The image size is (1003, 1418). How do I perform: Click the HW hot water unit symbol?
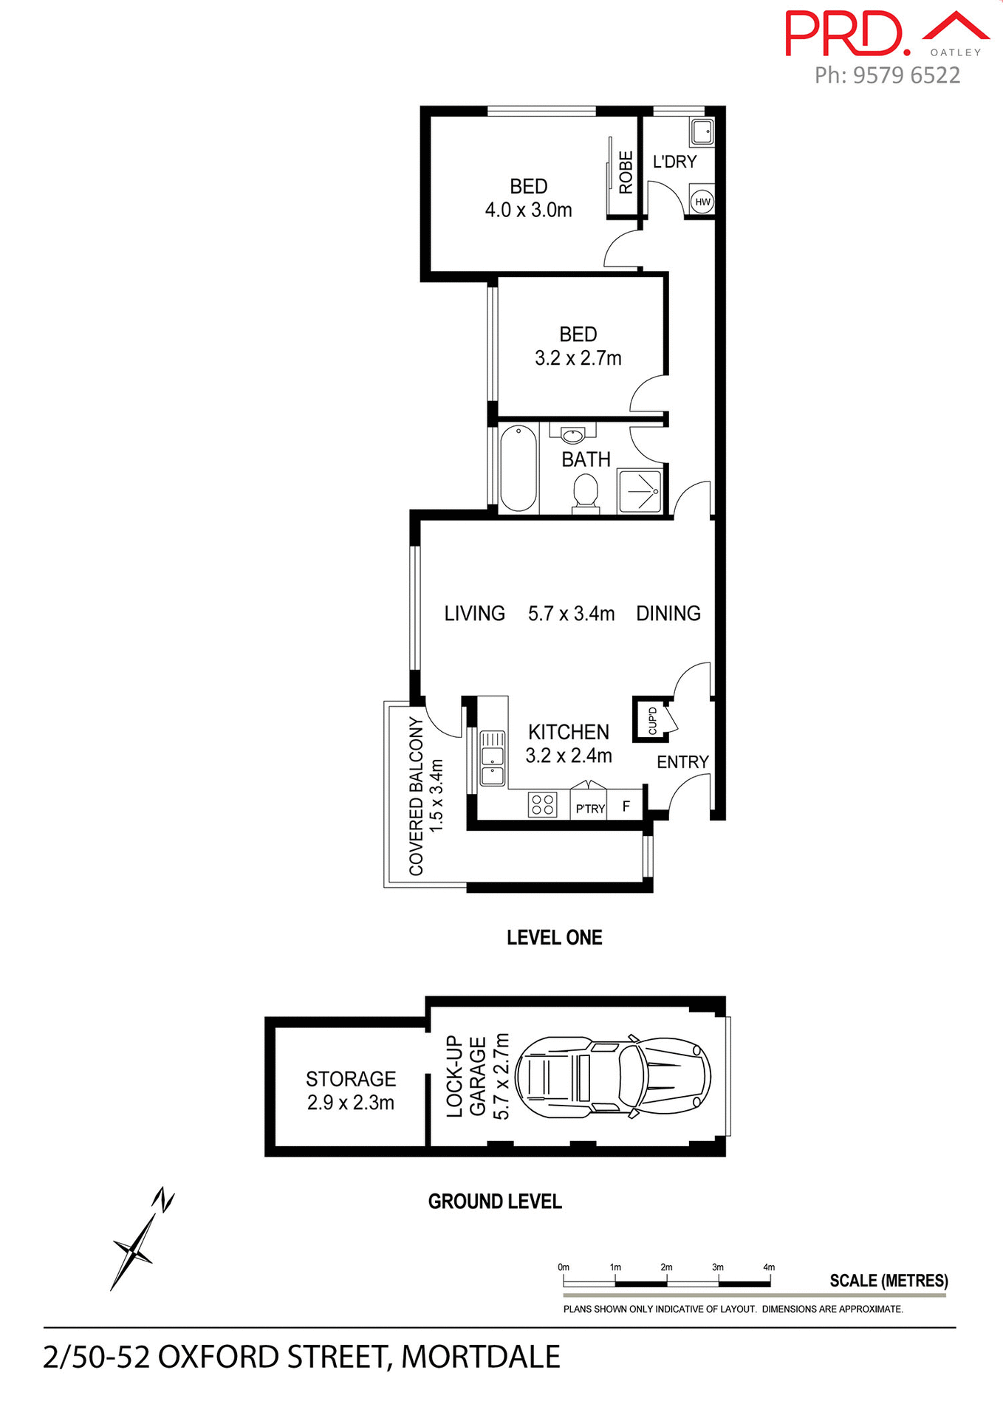coord(702,202)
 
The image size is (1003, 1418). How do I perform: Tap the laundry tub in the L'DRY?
coord(702,132)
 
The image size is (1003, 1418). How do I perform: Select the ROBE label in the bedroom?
coord(626,172)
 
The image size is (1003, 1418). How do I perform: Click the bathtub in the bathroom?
coord(518,468)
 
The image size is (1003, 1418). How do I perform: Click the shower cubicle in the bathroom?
coord(640,491)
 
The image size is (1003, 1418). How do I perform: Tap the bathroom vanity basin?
coord(573,434)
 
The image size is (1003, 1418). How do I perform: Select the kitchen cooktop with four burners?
coord(542,804)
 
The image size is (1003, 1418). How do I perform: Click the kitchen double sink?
coord(492,758)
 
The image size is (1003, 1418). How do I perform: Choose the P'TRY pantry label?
coord(589,809)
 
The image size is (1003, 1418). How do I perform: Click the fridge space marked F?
coord(626,806)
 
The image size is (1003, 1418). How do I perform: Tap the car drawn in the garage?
coord(613,1075)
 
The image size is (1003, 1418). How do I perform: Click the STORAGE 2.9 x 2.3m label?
coord(351,1090)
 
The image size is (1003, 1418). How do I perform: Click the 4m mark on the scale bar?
coord(769,1267)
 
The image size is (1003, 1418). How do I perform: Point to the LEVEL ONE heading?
coord(554,937)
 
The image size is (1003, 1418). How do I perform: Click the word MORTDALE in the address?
coord(480,1357)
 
